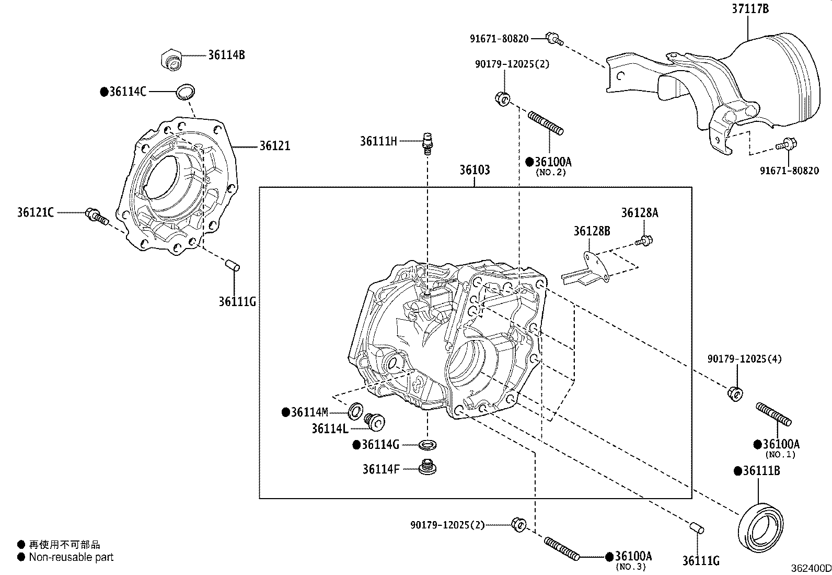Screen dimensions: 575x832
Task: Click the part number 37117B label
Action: (x=750, y=9)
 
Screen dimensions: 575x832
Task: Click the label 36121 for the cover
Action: (x=275, y=146)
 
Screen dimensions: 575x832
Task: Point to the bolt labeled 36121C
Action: (x=97, y=216)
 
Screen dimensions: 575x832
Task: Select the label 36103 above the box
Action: (x=475, y=170)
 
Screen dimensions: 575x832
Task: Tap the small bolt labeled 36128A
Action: (x=645, y=241)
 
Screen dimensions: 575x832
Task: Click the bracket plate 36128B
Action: (x=586, y=270)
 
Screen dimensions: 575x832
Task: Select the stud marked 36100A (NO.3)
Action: (x=561, y=549)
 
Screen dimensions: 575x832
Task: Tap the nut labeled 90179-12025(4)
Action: (x=734, y=393)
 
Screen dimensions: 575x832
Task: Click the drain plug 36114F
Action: (x=428, y=467)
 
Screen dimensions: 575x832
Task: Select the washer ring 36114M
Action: (x=356, y=411)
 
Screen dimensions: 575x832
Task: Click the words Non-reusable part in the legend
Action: (x=71, y=557)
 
